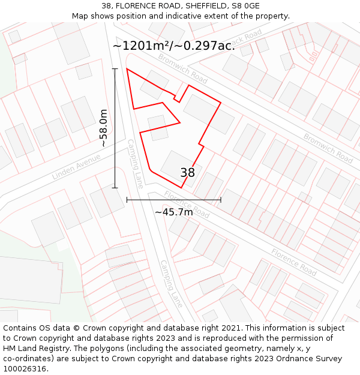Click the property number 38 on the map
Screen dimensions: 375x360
coord(187,173)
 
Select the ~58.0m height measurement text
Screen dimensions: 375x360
coord(103,128)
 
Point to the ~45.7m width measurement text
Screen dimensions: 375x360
coord(174,212)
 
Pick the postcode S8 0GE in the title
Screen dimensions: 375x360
coord(244,6)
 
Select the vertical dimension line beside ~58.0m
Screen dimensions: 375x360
coord(115,128)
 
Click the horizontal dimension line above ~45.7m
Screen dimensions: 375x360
coord(174,200)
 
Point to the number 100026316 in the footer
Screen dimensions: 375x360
coord(24,369)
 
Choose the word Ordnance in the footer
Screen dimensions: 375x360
coord(292,359)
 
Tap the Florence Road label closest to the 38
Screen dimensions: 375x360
coord(187,205)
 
